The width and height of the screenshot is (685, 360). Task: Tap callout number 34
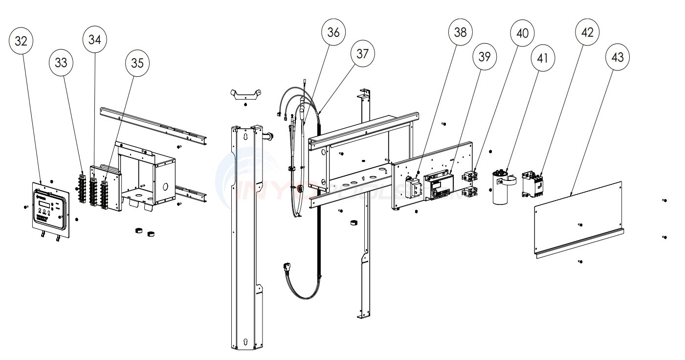point(95,40)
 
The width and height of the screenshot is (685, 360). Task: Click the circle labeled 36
point(333,32)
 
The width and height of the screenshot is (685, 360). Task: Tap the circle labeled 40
point(522,33)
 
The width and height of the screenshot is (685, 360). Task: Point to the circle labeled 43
point(617,57)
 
